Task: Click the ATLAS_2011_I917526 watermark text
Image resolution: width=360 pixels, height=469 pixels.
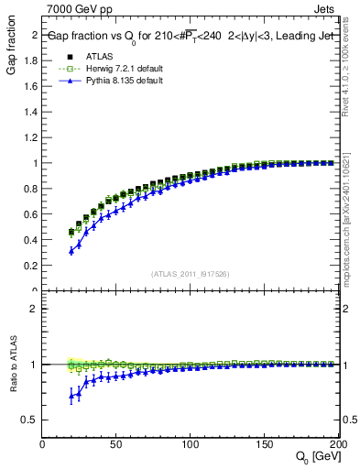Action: [190, 274]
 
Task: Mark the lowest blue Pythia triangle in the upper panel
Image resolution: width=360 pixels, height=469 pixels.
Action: [71, 250]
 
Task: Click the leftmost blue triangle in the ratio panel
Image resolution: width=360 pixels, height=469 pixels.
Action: [71, 396]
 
